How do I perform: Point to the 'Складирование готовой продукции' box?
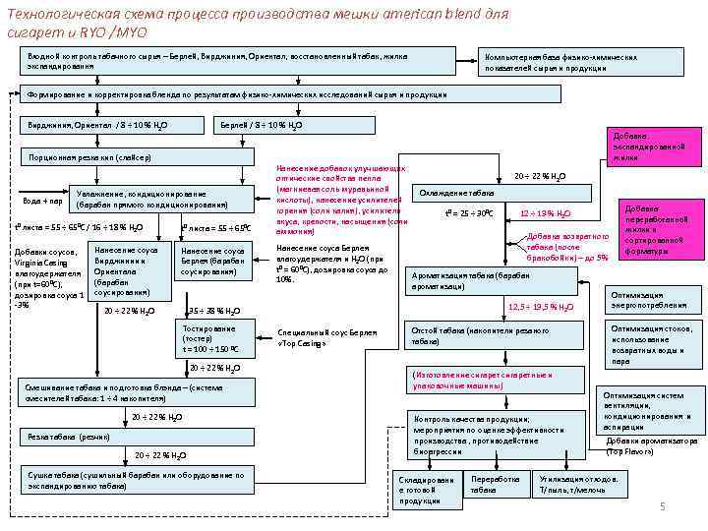(426, 490)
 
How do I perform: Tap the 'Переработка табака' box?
(496, 484)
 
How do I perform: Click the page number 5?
(663, 505)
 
